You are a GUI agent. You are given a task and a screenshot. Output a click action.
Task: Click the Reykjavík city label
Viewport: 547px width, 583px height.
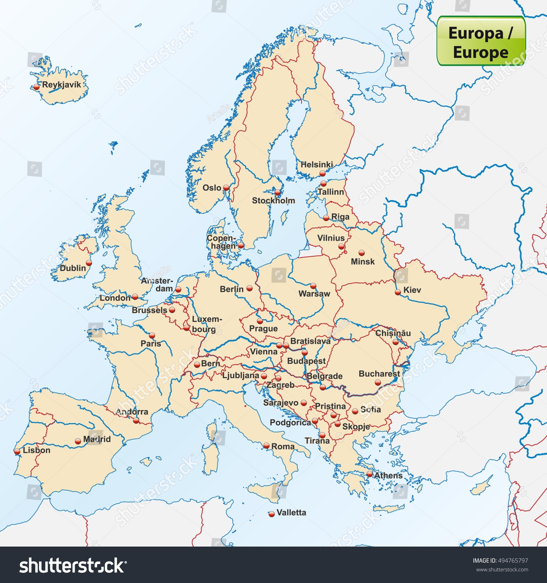tap(61, 85)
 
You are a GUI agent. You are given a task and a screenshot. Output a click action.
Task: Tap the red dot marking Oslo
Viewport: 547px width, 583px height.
tap(226, 188)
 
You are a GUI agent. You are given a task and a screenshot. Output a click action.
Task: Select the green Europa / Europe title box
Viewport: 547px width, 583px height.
tap(481, 41)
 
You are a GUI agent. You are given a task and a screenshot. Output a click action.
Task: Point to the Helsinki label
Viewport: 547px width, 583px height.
tap(317, 165)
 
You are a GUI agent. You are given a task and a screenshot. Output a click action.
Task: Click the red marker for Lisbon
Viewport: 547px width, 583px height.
tap(17, 451)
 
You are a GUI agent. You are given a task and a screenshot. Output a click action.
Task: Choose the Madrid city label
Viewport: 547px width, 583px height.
tap(97, 439)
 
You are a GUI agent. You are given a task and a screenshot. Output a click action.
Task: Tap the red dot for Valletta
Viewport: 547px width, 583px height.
tap(271, 514)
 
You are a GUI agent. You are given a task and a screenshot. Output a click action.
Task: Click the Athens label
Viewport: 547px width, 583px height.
tap(388, 476)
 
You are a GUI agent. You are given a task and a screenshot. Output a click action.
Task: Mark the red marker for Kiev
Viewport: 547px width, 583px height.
tap(398, 292)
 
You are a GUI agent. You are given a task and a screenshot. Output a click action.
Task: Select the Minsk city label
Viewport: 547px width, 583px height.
tap(362, 262)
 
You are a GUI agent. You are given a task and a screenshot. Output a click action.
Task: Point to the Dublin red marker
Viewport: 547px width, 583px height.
tap(89, 263)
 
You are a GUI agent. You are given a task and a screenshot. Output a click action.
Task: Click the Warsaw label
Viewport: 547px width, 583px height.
tap(314, 294)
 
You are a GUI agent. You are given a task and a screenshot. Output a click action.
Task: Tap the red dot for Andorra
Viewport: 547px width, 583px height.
tap(136, 420)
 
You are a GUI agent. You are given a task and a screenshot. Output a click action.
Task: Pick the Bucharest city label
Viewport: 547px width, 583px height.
tap(379, 374)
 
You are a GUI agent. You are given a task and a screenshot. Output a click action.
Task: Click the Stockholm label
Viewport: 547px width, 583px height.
tap(273, 201)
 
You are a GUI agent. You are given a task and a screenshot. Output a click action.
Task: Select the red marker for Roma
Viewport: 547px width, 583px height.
tap(267, 446)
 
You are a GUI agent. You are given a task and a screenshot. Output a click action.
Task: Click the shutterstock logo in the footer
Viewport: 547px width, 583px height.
tap(73, 566)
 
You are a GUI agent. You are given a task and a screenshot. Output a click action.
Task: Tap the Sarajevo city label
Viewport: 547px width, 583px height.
tap(281, 403)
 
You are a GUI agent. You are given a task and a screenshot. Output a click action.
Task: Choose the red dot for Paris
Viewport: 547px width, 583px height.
tap(152, 336)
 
